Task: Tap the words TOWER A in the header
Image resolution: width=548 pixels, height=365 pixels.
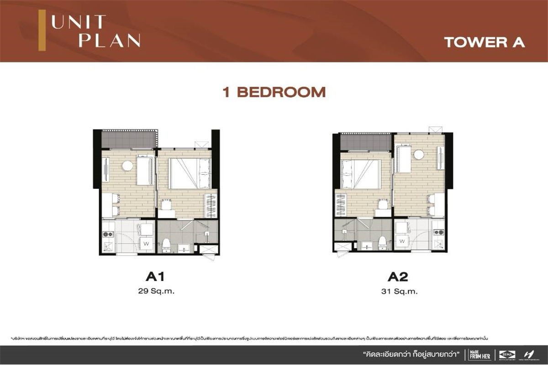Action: (x=484, y=42)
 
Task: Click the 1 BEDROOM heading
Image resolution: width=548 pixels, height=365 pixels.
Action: (x=274, y=92)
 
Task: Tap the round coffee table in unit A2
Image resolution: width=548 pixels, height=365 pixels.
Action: (x=419, y=155)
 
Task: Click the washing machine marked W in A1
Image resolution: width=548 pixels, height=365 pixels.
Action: (x=147, y=243)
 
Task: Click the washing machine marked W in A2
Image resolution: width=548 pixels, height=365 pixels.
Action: (x=402, y=240)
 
